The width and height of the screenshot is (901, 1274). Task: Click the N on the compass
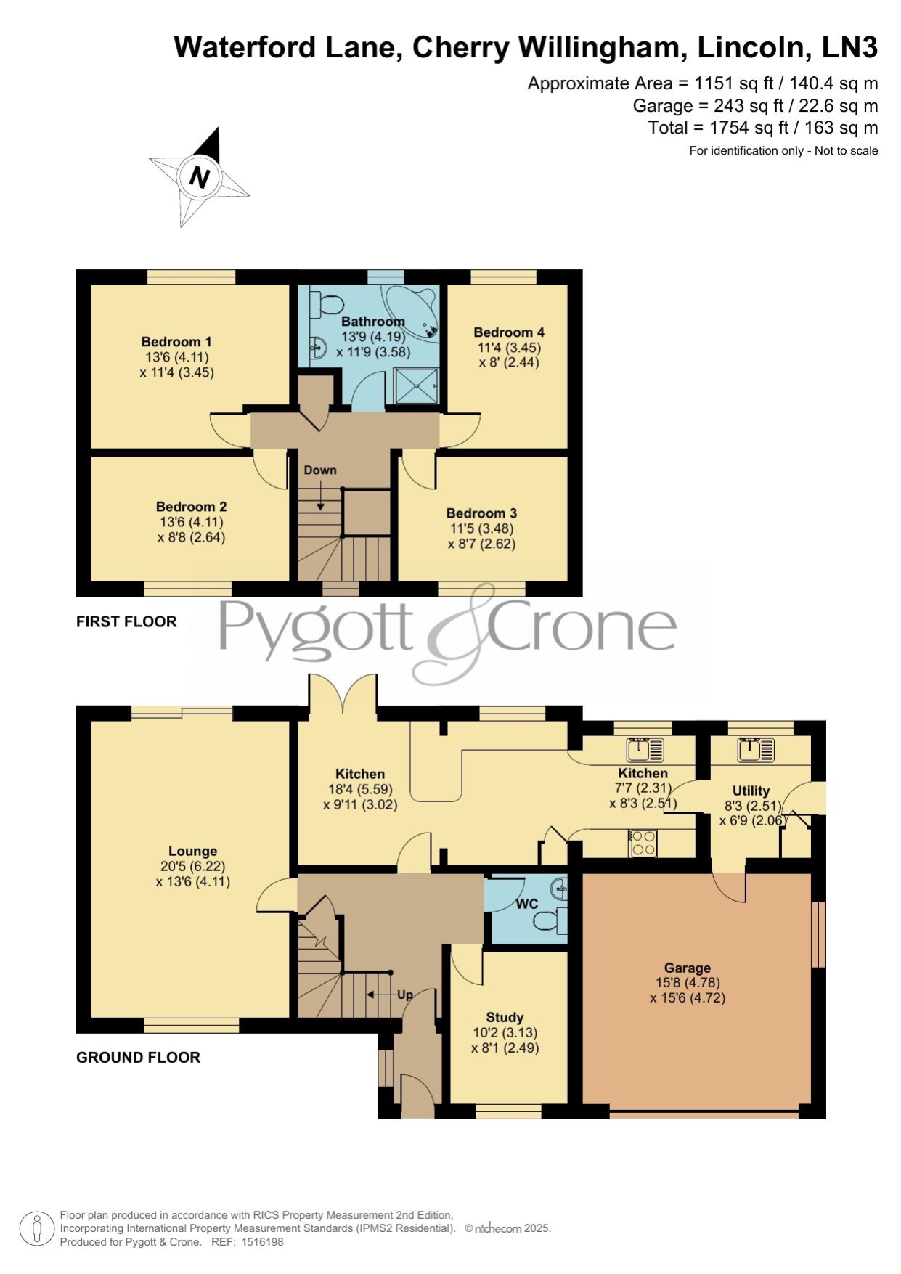click(200, 177)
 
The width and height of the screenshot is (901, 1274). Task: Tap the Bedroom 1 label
click(176, 342)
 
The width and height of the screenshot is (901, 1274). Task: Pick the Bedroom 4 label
click(509, 332)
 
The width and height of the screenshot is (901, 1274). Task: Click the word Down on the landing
click(320, 470)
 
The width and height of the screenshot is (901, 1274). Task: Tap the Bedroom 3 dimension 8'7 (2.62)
click(481, 543)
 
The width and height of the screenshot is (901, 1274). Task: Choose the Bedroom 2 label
click(191, 507)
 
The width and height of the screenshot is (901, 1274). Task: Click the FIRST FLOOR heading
click(126, 621)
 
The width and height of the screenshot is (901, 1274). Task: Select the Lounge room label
click(192, 851)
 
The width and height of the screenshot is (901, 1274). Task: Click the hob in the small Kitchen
click(643, 843)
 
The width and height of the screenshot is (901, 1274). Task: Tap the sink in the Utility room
click(756, 748)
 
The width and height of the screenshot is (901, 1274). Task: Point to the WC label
click(527, 904)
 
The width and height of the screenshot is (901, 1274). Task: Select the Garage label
click(688, 968)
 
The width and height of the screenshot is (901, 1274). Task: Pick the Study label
click(505, 1018)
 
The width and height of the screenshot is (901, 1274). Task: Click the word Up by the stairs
click(404, 995)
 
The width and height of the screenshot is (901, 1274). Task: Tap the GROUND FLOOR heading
click(138, 1058)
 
